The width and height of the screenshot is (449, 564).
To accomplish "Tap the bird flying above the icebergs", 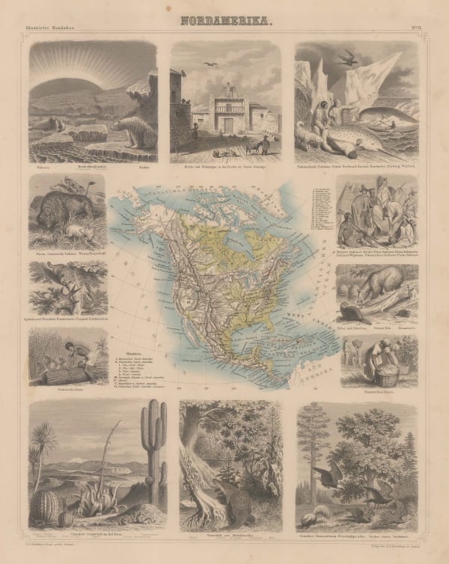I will coord(349,55).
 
